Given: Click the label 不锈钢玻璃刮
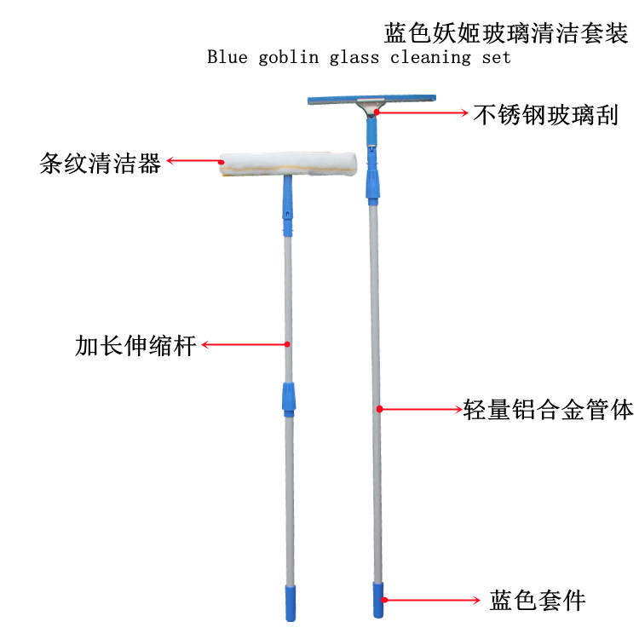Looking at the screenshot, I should pyautogui.click(x=545, y=113).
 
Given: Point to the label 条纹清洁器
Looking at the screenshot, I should pyautogui.click(x=101, y=164).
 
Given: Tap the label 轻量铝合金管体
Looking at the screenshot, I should pyautogui.click(x=549, y=410).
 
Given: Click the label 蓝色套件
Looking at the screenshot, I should pyautogui.click(x=538, y=601).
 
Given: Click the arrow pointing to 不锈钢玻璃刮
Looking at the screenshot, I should pyautogui.click(x=422, y=112).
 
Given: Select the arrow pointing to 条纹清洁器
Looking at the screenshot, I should pyautogui.click(x=194, y=159).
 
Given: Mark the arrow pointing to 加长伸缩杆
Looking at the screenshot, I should pyautogui.click(x=245, y=345).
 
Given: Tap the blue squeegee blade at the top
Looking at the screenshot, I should pyautogui.click(x=372, y=101).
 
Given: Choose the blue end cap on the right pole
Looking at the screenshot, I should pyautogui.click(x=376, y=601).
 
